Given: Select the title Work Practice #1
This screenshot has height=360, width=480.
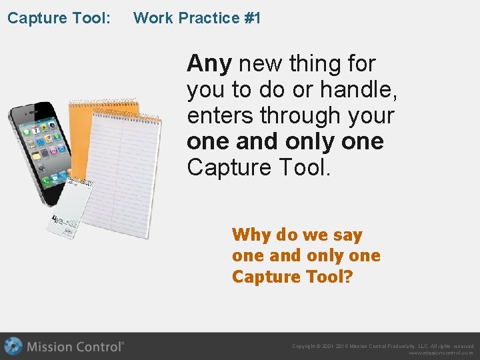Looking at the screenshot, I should pyautogui.click(x=197, y=18).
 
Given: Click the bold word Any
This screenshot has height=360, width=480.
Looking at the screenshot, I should pyautogui.click(x=209, y=64).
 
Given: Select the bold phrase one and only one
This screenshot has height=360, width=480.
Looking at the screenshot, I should pyautogui.click(x=285, y=141).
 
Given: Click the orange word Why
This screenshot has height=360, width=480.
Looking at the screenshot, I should pyautogui.click(x=251, y=235).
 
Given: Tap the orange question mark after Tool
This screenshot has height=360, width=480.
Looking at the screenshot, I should pyautogui.click(x=347, y=277).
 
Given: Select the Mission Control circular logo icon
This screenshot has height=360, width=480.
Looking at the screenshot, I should pyautogui.click(x=13, y=346).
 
